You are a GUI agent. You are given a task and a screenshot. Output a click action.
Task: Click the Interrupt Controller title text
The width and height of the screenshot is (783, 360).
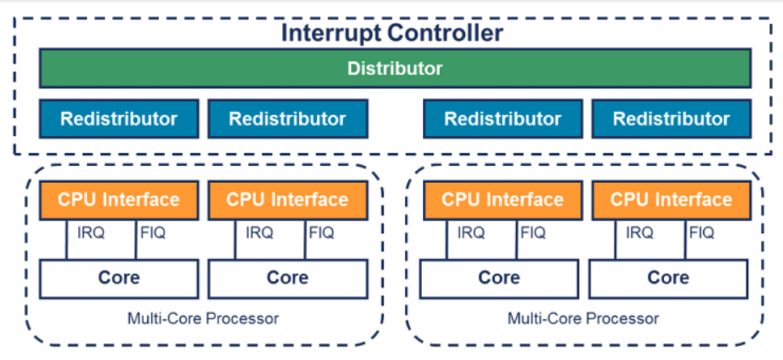[391, 34]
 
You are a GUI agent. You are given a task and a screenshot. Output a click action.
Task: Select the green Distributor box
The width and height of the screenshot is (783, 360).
[395, 68]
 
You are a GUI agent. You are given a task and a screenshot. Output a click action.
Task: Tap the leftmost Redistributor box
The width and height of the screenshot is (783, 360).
[119, 119]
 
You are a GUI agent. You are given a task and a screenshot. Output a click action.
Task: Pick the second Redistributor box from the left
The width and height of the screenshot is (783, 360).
[287, 119]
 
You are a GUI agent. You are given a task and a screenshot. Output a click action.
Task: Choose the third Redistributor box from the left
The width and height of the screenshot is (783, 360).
[503, 119]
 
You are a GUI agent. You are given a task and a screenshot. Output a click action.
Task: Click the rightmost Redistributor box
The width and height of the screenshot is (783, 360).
[671, 119]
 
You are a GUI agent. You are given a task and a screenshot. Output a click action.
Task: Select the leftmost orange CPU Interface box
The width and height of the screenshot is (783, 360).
[119, 200]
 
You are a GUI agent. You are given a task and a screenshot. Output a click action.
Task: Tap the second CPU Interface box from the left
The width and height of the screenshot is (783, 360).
[287, 200]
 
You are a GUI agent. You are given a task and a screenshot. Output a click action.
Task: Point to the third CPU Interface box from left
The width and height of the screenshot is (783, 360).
[503, 200]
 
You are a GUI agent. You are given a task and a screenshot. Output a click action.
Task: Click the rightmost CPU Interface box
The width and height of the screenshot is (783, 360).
[671, 200]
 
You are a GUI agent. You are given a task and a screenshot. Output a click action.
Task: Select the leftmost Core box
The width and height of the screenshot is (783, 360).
[119, 278]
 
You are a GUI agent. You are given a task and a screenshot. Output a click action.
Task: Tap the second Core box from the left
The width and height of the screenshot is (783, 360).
[287, 278]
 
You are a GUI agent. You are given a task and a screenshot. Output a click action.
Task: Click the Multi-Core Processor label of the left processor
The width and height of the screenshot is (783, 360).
[203, 319]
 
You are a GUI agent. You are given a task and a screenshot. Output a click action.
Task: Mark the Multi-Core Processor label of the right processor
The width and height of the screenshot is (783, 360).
[583, 319]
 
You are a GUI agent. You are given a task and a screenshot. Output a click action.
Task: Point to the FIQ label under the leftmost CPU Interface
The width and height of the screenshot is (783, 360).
[153, 232]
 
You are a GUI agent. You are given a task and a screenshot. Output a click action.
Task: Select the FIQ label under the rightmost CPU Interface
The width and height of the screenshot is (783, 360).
[702, 232]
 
